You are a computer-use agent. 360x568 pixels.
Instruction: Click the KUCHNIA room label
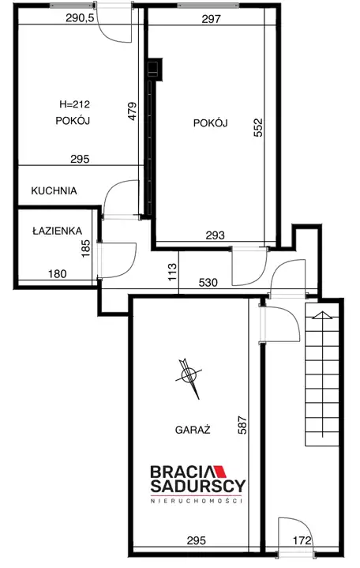coord(54,191)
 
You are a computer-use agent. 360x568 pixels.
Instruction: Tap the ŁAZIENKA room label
coord(57,231)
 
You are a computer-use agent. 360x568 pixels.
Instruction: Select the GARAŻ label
coord(193,430)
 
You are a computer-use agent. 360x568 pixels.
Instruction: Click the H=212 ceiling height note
coord(75,105)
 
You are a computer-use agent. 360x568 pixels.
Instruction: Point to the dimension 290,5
coord(80,17)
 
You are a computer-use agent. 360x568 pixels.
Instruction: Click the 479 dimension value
coord(133,111)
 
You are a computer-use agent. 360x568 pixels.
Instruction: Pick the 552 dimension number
coord(258,127)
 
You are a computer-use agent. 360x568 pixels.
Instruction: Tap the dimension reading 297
coord(211,19)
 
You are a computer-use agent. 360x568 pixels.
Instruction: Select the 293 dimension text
coord(215,235)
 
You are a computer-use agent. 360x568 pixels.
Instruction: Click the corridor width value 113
coord(172,272)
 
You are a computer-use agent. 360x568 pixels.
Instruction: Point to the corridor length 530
coord(208,282)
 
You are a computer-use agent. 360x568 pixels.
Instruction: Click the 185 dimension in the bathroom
coord(86,249)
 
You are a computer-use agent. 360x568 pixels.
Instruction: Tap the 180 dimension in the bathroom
coord(58,274)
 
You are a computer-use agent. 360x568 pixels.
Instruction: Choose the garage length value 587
coord(242,425)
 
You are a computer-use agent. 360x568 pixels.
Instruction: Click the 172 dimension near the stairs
coord(302,541)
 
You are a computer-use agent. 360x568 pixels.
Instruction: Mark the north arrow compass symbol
coord(189,377)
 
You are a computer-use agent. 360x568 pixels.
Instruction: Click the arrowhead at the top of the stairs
coord(322,314)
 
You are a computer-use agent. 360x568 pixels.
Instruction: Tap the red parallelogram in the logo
coord(219,472)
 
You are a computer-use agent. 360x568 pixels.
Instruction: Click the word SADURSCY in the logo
coord(198,485)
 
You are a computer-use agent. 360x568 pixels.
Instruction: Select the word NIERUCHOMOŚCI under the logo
coord(197,501)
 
